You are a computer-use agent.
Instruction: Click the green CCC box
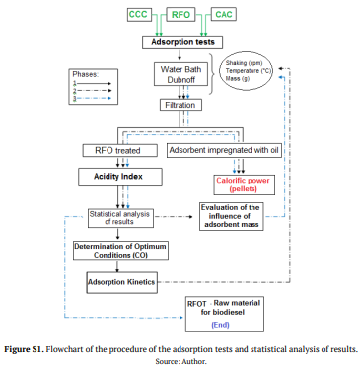[137, 16]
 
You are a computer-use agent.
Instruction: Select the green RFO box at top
[180, 16]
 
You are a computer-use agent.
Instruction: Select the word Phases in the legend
[87, 74]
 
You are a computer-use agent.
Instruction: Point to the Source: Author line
[180, 360]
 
